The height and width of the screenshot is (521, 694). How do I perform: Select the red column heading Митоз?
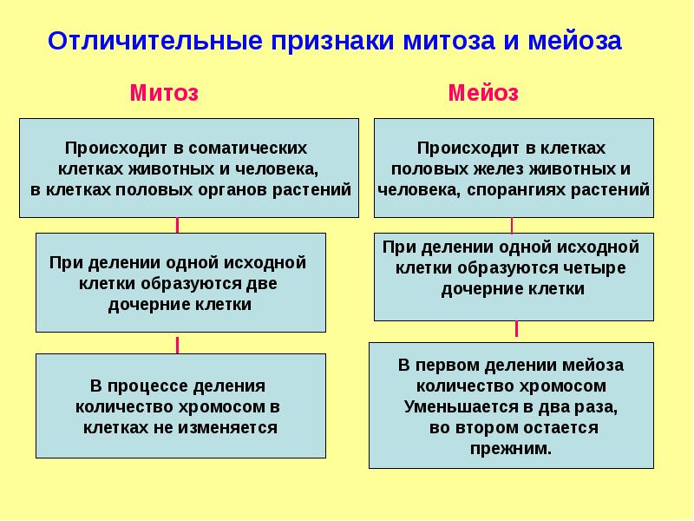pyautogui.click(x=164, y=93)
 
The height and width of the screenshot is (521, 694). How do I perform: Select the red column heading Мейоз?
pyautogui.click(x=483, y=93)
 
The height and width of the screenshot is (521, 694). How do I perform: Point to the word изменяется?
pyautogui.click(x=231, y=427)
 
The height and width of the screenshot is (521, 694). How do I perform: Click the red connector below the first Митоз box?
pyautogui.click(x=178, y=225)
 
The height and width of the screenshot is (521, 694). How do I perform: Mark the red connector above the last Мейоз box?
pyautogui.click(x=516, y=330)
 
